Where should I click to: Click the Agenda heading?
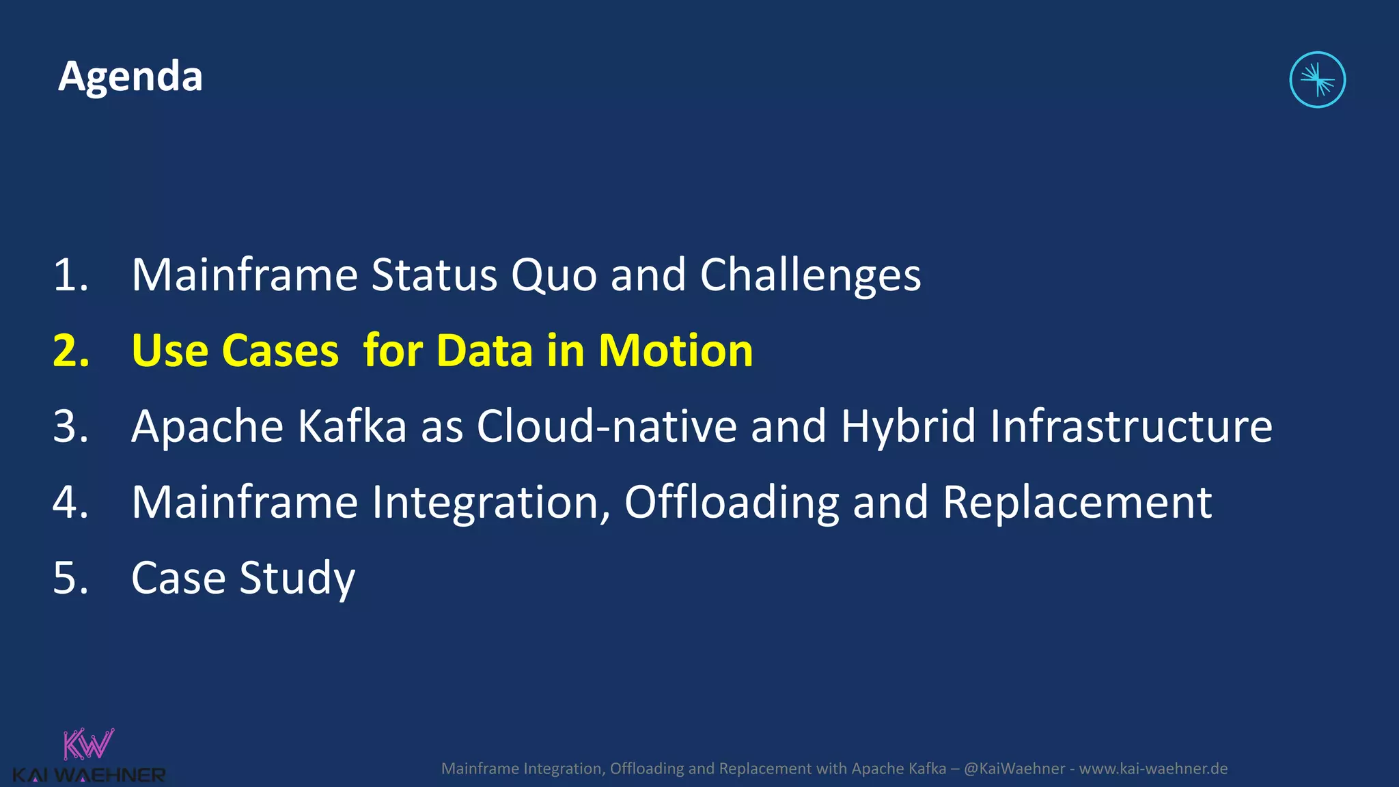[x=130, y=77]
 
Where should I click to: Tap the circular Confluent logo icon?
[x=1317, y=80]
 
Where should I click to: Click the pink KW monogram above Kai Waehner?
[x=88, y=744]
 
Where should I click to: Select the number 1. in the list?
[x=71, y=275]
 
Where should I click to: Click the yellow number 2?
[x=71, y=351]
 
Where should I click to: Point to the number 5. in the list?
[x=71, y=579]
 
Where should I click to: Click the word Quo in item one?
[x=553, y=275]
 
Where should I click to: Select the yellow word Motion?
[x=675, y=351]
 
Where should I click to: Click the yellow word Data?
[x=484, y=351]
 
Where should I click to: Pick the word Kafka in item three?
[x=352, y=426]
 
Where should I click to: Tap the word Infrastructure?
[x=1131, y=426]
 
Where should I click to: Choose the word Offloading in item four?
[x=731, y=503]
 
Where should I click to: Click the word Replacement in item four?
[x=1077, y=503]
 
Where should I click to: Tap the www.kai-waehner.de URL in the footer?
[x=1153, y=769]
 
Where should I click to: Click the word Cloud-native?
[x=607, y=426]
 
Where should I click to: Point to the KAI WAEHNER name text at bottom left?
[x=89, y=775]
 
